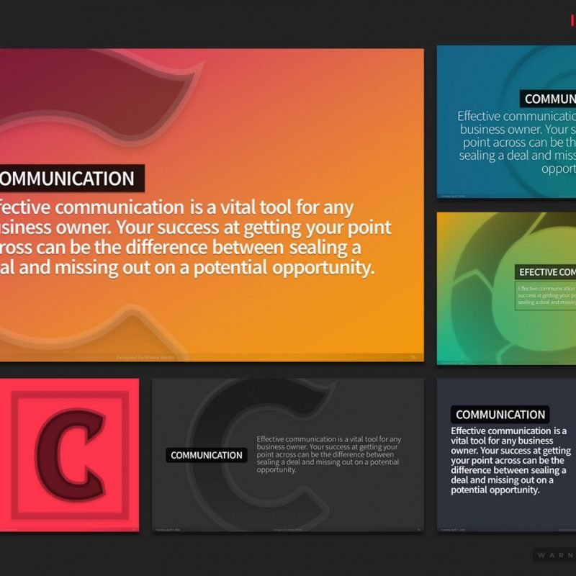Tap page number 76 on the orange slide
(413, 357)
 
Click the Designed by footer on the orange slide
(145, 357)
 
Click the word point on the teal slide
(475, 143)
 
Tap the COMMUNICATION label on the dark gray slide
(207, 455)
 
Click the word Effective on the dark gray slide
(270, 439)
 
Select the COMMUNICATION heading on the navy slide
(500, 415)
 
